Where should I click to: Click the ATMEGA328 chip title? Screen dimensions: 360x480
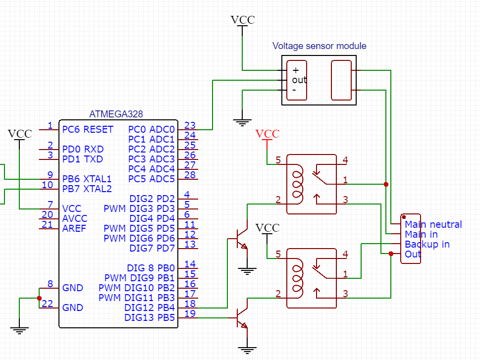point(116,114)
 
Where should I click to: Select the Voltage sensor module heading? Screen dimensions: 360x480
point(319,46)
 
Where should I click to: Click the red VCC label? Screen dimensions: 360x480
point(267,134)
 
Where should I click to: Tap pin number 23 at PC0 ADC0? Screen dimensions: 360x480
point(190,125)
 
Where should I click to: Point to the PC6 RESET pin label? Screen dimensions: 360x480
point(88,129)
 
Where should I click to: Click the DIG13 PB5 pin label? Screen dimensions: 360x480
point(150,317)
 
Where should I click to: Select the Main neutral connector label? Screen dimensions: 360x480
point(433,224)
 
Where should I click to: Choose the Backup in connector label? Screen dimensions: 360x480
point(427,244)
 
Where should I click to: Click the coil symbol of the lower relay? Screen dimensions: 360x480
point(298,278)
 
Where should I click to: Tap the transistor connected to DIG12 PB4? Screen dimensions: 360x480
point(241,238)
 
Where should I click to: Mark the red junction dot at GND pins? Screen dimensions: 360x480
point(39,298)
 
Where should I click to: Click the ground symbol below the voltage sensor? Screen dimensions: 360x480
point(242,122)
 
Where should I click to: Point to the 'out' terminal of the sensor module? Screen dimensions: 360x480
point(299,80)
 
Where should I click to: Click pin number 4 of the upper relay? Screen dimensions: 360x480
point(345,160)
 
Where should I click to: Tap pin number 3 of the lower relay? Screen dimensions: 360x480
point(345,294)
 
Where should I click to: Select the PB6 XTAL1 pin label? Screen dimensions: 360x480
point(87,179)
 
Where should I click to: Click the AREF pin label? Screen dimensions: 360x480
point(74,228)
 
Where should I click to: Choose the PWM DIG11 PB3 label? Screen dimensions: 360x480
point(137,298)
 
